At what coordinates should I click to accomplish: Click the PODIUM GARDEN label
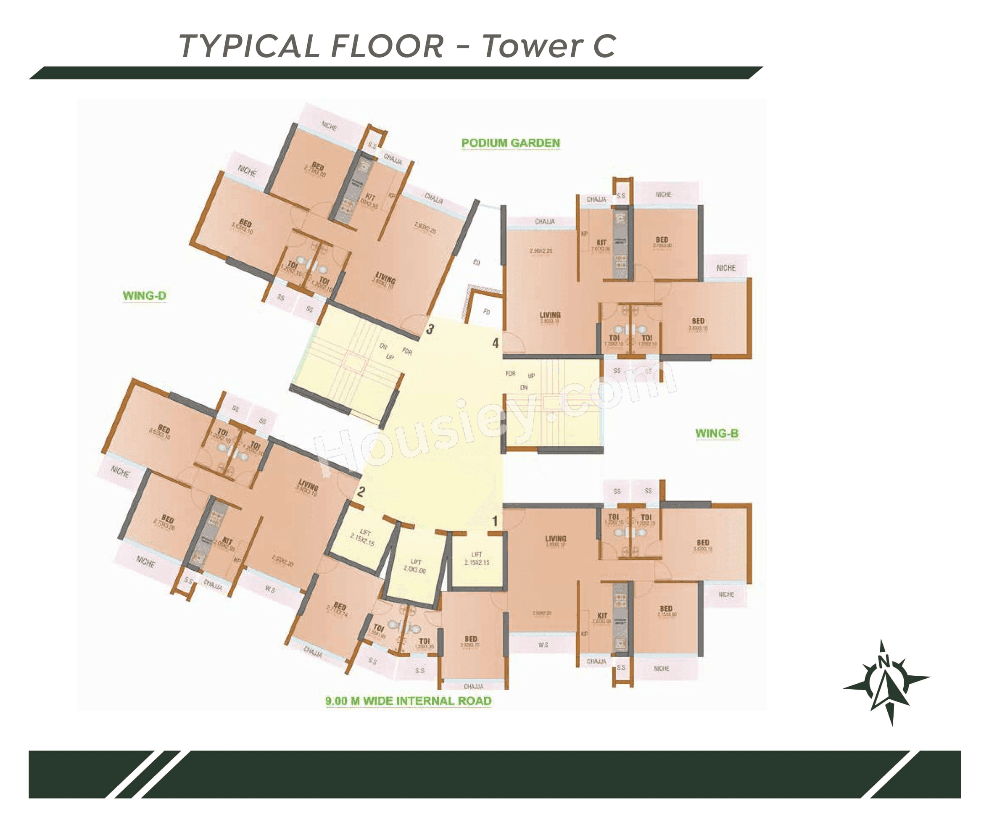(x=511, y=143)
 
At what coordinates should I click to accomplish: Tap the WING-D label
(x=144, y=296)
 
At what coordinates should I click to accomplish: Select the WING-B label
(x=717, y=434)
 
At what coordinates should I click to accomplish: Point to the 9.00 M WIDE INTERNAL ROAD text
(x=408, y=701)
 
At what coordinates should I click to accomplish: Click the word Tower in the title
(x=532, y=47)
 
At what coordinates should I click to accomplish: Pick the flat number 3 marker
(x=430, y=329)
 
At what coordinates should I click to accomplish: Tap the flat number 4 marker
(x=496, y=343)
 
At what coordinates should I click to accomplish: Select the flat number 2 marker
(x=361, y=492)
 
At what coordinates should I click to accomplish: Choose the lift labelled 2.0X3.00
(x=415, y=565)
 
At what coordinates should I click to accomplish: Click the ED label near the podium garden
(x=477, y=262)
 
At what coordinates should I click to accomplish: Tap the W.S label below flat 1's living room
(x=543, y=645)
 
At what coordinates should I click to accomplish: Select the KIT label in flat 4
(x=601, y=243)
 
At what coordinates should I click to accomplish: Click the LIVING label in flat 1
(x=556, y=539)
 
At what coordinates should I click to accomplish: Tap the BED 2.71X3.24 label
(x=339, y=608)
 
